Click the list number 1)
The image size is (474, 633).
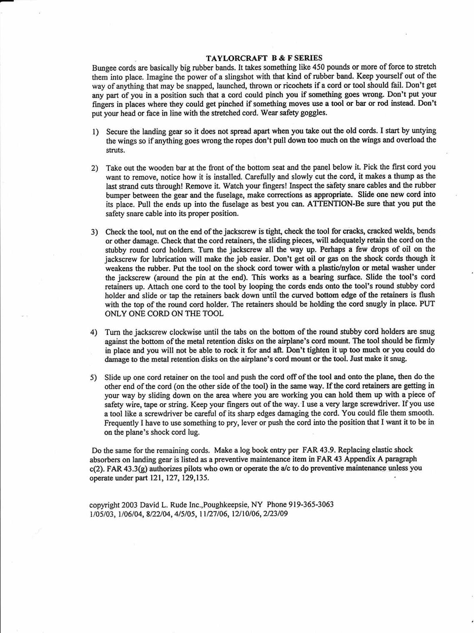pos(95,132)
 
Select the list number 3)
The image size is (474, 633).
pos(95,232)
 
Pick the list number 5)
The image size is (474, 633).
pos(94,377)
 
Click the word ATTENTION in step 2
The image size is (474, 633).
pos(329,204)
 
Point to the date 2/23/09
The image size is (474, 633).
pos(275,514)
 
